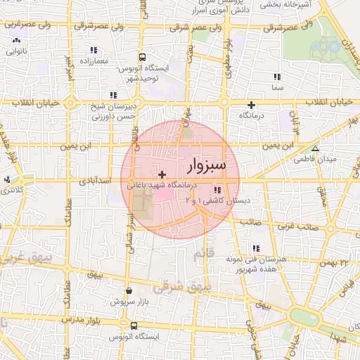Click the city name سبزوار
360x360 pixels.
[207, 166]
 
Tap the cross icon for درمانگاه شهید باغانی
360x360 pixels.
[162, 174]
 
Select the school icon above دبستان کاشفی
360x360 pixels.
[217, 190]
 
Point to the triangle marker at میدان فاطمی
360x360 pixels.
[315, 148]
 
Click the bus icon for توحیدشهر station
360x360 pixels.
[143, 57]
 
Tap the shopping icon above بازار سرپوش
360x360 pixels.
[129, 290]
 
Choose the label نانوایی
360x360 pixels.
[16, 51]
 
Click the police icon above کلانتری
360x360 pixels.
[9, 179]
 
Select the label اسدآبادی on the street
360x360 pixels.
[96, 181]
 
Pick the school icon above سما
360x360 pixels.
[277, 77]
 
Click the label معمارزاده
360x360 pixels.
[93, 62]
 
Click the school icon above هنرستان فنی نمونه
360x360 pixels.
[255, 248]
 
